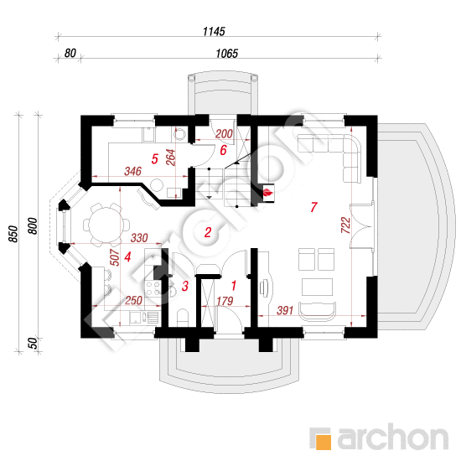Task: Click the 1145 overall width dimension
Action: pyautogui.click(x=214, y=31)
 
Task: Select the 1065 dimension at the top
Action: pyautogui.click(x=226, y=53)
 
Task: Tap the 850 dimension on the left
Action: pyautogui.click(x=13, y=234)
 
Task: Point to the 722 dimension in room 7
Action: pyautogui.click(x=345, y=225)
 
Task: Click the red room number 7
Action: pyautogui.click(x=313, y=207)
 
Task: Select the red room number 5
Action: pyautogui.click(x=155, y=159)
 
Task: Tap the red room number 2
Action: pyautogui.click(x=208, y=232)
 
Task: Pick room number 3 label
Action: pyautogui.click(x=185, y=286)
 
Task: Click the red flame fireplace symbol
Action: pyautogui.click(x=268, y=193)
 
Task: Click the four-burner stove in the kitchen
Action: pyautogui.click(x=153, y=288)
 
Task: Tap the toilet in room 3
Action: pyautogui.click(x=183, y=317)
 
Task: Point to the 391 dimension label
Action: pyautogui.click(x=285, y=310)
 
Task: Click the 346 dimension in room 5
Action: pyautogui.click(x=133, y=171)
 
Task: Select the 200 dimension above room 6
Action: pyautogui.click(x=224, y=134)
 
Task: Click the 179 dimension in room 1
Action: pyautogui.click(x=225, y=301)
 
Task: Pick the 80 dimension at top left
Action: pyautogui.click(x=70, y=53)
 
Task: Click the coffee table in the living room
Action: pyautogui.click(x=317, y=287)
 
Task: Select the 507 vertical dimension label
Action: pyautogui.click(x=115, y=257)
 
